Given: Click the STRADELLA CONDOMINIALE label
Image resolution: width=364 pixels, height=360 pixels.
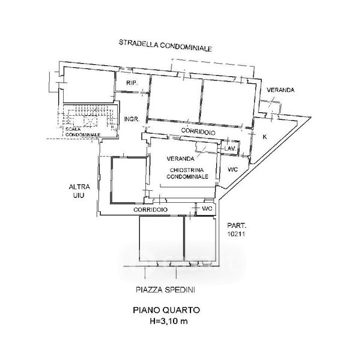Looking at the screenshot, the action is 165,46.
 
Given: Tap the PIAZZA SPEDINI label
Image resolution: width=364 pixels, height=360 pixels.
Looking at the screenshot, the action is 165,290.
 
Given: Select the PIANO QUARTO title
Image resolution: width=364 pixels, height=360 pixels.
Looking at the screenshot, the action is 166,310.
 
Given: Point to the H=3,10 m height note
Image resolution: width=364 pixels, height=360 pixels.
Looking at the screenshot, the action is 169,321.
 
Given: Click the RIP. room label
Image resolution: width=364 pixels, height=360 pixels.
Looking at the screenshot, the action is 132,83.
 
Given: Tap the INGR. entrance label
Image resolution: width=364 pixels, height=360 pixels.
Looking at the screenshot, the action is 132,119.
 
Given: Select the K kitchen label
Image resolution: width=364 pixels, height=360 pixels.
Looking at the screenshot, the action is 265,137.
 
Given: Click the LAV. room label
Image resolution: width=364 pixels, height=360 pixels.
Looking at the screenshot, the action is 231,148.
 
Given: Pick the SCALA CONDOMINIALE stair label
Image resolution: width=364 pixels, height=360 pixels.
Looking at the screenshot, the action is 83,132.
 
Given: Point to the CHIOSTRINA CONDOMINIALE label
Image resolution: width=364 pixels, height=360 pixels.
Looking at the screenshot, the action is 187,173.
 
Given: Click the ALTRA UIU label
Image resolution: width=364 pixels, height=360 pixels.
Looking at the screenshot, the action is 79,191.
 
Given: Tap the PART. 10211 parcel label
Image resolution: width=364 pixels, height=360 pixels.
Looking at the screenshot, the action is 236,229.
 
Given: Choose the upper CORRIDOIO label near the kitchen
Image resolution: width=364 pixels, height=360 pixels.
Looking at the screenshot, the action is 198,131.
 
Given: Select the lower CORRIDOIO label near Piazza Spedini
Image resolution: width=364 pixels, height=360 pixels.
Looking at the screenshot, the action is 150,209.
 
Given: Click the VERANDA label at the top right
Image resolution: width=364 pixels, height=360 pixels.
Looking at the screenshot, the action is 281,90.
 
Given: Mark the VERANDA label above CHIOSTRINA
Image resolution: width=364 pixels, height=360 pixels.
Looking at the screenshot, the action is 181,158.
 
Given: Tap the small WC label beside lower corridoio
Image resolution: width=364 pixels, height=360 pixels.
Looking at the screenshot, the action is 207,209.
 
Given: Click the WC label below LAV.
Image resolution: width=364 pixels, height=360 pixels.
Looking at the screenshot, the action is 232,170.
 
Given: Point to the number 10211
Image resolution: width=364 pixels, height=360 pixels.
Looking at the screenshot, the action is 236,234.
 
